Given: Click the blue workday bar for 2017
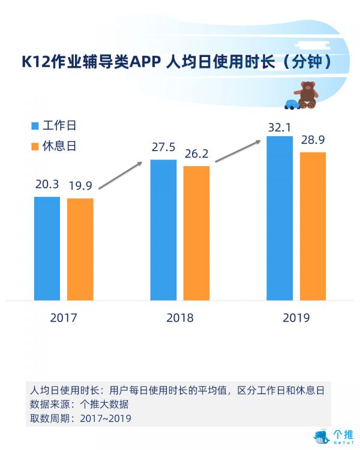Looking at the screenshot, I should (47, 248).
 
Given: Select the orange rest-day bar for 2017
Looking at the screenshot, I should (80, 249).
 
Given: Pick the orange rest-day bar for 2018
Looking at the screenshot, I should (196, 233).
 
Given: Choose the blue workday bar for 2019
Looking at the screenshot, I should (280, 218).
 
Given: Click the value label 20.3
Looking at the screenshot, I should (47, 185).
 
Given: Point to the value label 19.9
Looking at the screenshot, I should (80, 185).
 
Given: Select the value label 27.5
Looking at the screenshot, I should (163, 148).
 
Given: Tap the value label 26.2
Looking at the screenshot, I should (196, 154).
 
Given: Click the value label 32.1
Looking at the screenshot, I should (280, 127).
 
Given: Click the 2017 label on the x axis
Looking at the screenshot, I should (63, 317).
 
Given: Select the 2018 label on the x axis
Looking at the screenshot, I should (179, 317).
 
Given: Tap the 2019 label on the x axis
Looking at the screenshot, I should (296, 317).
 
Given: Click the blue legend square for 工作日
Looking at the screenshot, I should (34, 126).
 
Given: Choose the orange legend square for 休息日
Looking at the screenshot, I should (34, 146).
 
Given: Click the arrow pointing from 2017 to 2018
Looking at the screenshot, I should (120, 175).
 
